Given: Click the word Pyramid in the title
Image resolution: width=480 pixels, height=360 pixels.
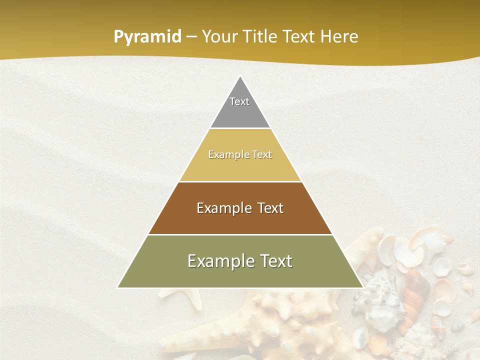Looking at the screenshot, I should (147, 37).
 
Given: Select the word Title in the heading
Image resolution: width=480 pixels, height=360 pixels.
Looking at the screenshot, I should (262, 37).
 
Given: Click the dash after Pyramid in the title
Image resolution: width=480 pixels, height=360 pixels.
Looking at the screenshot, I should (191, 37).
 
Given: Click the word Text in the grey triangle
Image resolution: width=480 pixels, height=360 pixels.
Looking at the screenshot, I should (239, 101).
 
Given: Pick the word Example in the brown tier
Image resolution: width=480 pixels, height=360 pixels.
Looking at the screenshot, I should (223, 208).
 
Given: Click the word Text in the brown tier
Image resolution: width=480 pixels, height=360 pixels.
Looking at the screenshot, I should (270, 208).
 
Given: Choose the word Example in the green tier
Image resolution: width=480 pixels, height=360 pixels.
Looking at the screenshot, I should (218, 261).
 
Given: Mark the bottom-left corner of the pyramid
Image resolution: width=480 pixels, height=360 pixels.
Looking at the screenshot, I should (118, 287).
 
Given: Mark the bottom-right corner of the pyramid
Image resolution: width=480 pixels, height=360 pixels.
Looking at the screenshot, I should (362, 287).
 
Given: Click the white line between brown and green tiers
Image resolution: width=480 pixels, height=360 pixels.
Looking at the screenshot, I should (240, 234).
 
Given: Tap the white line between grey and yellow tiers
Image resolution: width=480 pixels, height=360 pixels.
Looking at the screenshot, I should (240, 128).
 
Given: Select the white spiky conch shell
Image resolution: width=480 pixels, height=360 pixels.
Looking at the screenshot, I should (377, 292).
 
